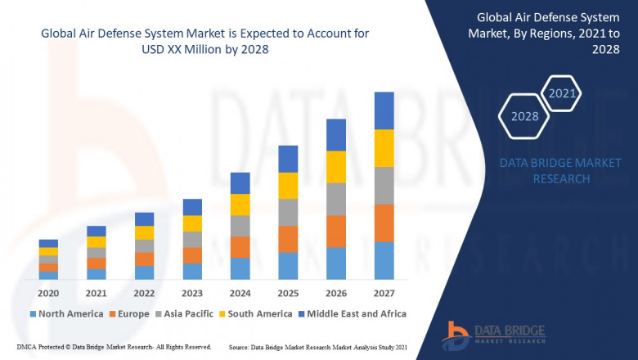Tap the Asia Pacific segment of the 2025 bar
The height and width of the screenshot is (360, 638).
[287, 212]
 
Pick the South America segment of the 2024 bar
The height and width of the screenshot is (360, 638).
[240, 205]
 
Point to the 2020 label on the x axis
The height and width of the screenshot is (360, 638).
[48, 293]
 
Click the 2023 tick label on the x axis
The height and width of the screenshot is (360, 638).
[192, 293]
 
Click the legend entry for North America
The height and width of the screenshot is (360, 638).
[65, 313]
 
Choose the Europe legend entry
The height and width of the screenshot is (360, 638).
[129, 313]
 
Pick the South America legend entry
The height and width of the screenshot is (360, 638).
[256, 313]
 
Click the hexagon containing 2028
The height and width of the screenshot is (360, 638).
[525, 116]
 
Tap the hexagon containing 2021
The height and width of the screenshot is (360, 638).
[562, 93]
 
